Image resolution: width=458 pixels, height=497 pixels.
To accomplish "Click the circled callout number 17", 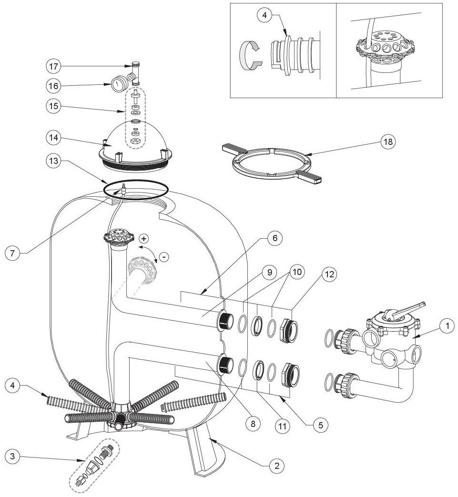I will point(54,65).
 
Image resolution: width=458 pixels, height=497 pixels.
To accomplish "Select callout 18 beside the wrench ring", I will point(388,142).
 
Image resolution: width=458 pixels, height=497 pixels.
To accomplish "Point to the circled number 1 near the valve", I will point(447,326).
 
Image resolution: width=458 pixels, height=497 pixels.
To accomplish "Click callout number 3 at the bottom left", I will point(13,456).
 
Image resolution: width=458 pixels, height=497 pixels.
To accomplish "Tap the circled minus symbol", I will point(163,257).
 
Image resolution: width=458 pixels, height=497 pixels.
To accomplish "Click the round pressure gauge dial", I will point(117,86).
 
